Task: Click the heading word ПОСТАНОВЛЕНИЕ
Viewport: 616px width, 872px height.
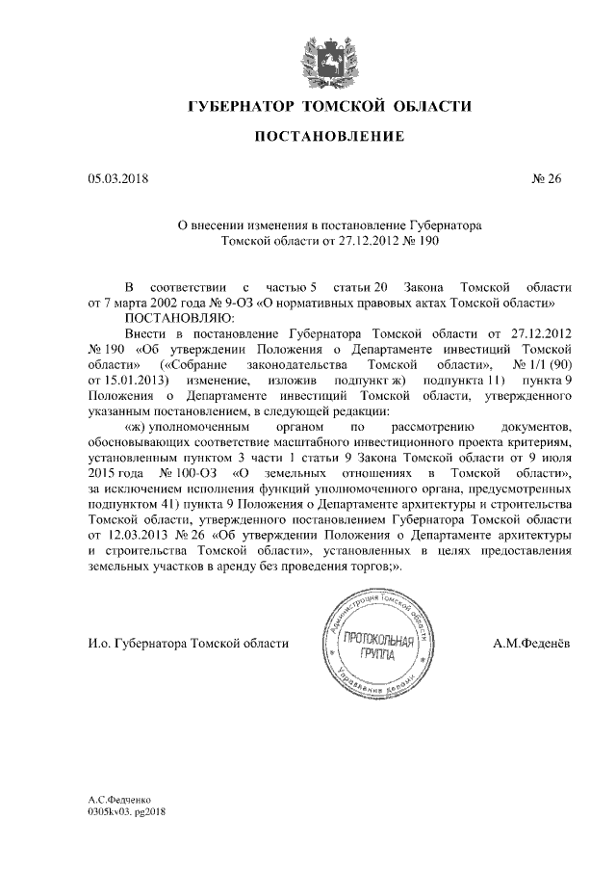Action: [328, 138]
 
